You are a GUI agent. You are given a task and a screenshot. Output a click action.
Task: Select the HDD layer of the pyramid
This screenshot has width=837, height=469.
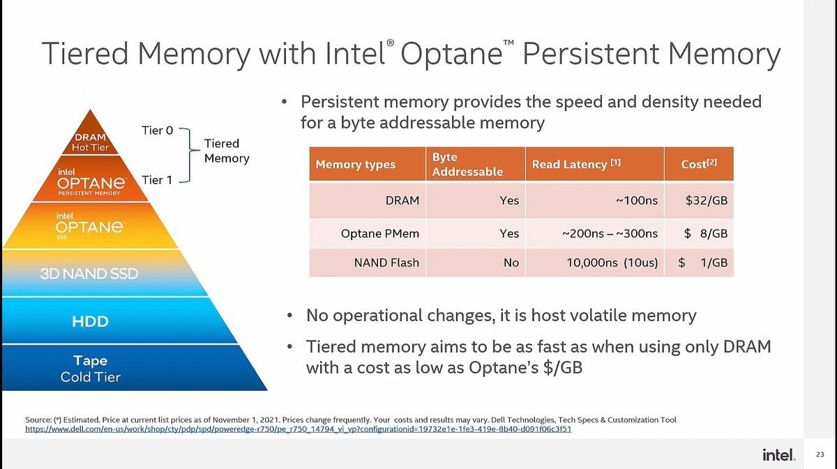(x=91, y=322)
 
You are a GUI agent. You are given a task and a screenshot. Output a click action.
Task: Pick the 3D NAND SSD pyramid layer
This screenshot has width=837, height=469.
(x=89, y=274)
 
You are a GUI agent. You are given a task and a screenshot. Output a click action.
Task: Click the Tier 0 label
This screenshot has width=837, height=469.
(x=157, y=130)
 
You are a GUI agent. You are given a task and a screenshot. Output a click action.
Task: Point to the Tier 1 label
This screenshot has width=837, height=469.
(x=157, y=180)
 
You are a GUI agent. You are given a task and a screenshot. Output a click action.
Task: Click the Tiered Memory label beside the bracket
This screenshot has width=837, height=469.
(x=226, y=151)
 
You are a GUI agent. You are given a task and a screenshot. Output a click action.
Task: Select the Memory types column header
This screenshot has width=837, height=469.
(x=356, y=165)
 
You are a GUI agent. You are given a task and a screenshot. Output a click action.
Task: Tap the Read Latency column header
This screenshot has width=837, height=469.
(x=576, y=165)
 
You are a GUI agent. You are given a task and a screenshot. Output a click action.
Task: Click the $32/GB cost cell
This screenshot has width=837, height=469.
(x=706, y=200)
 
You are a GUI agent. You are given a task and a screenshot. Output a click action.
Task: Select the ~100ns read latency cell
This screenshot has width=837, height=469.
(x=635, y=200)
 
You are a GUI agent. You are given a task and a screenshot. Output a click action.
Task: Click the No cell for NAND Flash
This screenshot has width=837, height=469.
(x=511, y=262)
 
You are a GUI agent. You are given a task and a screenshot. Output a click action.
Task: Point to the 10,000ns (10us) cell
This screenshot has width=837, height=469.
(x=612, y=262)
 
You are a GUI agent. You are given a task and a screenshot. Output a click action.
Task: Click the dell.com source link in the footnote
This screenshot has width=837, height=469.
(x=298, y=429)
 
